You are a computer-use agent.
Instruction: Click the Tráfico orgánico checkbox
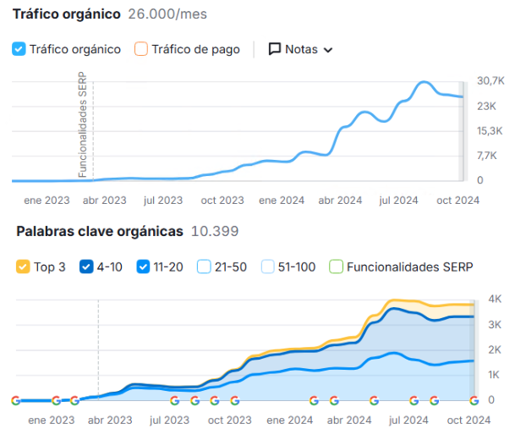19,49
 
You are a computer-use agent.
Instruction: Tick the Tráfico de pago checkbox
141,49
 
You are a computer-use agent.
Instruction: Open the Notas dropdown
300,49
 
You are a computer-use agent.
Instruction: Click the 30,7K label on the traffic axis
491,80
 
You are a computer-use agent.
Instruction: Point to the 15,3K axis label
491,130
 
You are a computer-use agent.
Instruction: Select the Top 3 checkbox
23,267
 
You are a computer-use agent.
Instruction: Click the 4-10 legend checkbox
86,267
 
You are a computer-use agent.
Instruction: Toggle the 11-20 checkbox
144,267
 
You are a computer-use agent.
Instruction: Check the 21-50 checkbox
204,267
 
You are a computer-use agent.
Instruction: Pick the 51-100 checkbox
268,267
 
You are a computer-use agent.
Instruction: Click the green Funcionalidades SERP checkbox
336,267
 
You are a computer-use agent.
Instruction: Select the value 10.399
215,231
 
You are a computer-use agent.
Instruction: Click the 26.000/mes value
167,14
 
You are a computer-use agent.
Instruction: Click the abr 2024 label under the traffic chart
340,201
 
